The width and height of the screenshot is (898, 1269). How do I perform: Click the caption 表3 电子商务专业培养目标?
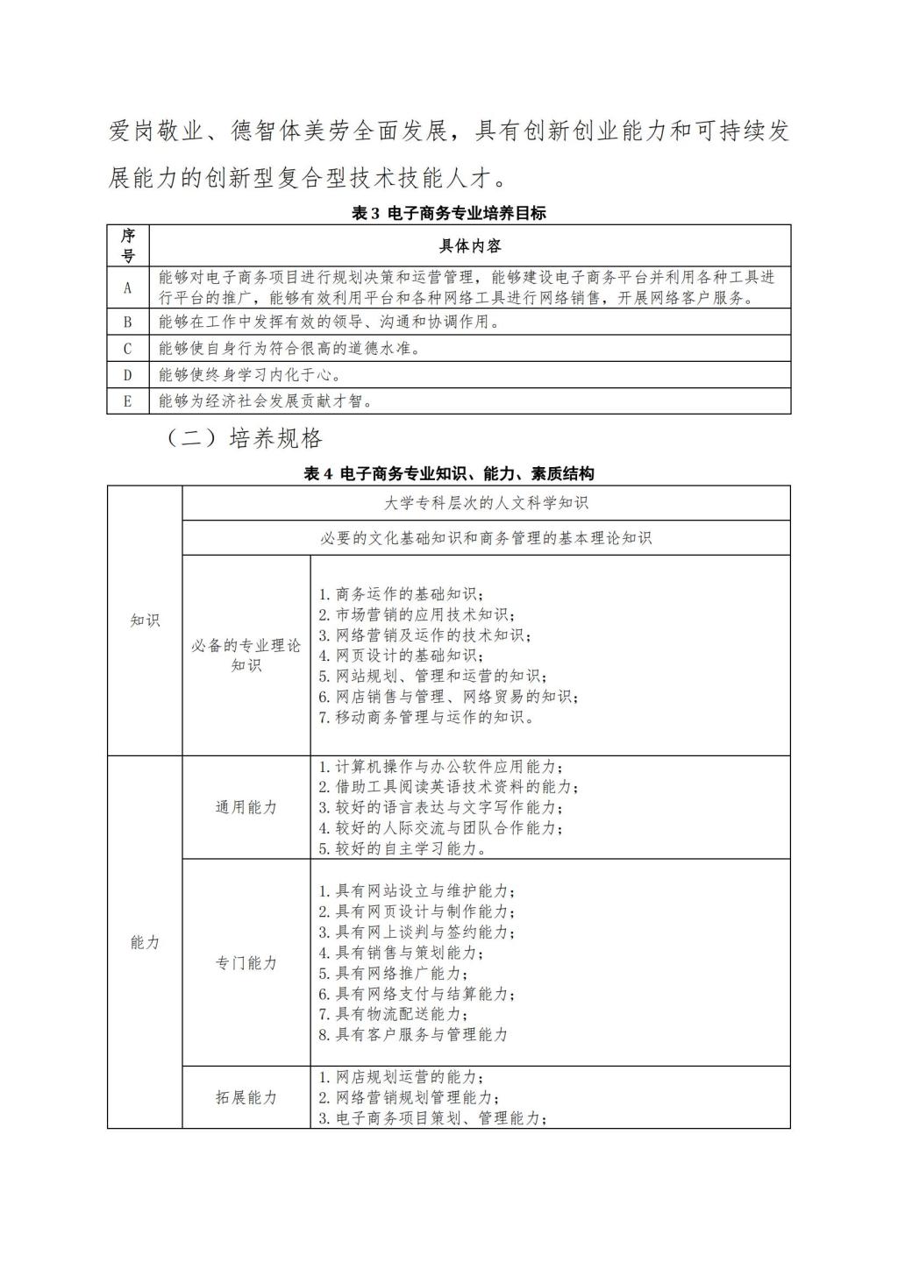coord(448,213)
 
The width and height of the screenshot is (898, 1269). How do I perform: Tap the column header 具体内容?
coord(469,245)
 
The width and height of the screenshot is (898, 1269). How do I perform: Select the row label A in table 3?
coord(128,287)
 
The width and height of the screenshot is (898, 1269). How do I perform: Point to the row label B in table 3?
coord(128,322)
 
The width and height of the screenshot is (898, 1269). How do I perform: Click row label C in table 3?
coord(128,349)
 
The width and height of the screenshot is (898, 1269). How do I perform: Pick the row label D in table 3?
coord(128,375)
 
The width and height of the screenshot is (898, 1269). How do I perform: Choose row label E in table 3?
coord(128,401)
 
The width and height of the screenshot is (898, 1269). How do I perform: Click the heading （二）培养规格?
coord(245,438)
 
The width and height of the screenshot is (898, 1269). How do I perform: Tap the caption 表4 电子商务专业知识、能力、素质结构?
coord(448,474)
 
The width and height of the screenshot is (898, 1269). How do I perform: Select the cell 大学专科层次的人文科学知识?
coord(486,503)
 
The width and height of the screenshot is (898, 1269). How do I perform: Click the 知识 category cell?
coord(145,620)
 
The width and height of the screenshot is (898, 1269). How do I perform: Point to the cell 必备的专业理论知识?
coord(246,656)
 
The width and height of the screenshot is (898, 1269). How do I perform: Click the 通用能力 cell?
coord(246,807)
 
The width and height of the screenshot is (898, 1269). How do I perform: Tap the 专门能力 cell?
coord(246,962)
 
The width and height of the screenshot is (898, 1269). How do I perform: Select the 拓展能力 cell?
coord(246,1097)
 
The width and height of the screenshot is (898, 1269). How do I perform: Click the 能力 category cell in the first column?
coord(145,942)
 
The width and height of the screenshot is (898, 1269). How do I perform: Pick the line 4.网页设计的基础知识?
coord(400,656)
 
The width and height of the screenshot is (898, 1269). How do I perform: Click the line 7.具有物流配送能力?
coord(392,1014)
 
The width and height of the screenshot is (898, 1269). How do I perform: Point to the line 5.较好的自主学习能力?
coord(403,848)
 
